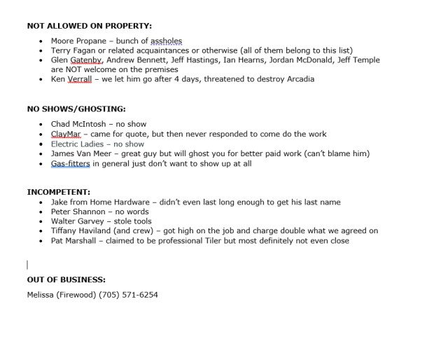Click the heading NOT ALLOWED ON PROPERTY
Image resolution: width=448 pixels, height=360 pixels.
[x=89, y=26]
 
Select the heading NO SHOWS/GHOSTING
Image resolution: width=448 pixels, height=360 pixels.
[x=76, y=109]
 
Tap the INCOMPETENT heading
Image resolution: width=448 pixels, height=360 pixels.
[x=59, y=191]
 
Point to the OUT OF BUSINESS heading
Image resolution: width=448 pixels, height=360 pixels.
[x=66, y=279]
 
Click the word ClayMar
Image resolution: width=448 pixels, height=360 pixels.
[x=66, y=134]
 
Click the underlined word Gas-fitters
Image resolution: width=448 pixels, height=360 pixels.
[x=71, y=164]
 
